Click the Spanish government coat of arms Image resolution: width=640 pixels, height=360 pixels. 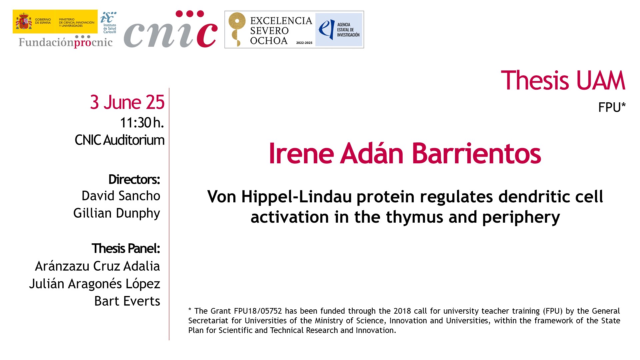[24, 21]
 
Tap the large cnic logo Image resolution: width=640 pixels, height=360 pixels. [171, 29]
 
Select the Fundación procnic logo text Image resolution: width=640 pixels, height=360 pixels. [66, 42]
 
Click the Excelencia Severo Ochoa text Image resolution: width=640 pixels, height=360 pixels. [281, 31]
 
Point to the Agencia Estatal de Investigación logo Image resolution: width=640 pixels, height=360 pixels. [339, 30]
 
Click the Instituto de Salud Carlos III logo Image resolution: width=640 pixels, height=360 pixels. [109, 22]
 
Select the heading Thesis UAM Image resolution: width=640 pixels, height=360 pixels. [563, 81]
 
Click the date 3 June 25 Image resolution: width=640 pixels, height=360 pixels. [127, 102]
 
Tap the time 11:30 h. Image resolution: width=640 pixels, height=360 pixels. [142, 123]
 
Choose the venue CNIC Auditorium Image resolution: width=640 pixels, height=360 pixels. [119, 140]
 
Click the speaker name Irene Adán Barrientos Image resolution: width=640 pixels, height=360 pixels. [405, 153]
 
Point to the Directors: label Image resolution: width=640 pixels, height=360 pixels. [134, 179]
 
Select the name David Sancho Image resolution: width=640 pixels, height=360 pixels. [121, 196]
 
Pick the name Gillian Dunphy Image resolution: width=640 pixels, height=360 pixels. [117, 213]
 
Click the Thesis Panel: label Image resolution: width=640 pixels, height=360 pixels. [126, 249]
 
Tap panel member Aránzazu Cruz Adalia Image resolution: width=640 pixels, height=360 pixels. [97, 266]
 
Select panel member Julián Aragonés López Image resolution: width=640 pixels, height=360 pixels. [95, 284]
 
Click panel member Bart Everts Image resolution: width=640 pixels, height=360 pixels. [127, 301]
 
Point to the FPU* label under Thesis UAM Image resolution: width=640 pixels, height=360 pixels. [612, 107]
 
